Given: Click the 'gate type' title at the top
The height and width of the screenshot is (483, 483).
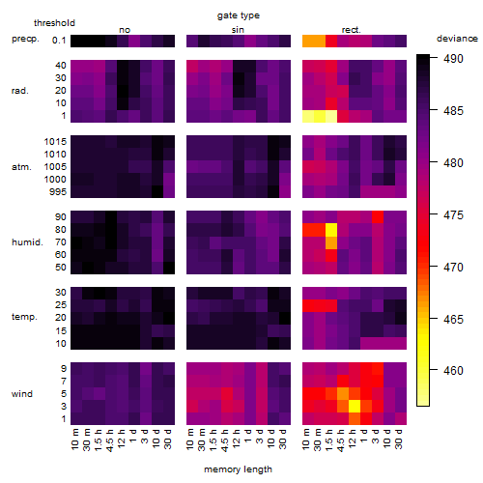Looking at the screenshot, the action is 239,15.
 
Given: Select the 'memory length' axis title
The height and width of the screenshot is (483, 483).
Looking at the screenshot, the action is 238,469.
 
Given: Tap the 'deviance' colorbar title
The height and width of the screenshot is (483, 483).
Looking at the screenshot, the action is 457,39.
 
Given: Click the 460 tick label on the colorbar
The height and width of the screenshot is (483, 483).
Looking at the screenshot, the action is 453,370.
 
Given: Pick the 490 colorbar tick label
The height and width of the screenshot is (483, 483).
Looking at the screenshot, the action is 453,59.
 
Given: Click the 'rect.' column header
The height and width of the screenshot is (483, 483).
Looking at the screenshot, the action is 352,30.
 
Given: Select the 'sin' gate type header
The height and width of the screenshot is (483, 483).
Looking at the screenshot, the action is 238,30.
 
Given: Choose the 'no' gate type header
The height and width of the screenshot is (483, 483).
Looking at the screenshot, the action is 125,30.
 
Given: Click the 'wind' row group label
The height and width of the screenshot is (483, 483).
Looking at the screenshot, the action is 22,394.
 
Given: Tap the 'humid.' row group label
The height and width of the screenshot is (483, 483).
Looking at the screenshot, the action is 27,242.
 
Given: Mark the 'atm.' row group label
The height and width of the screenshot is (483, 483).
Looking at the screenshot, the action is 21,167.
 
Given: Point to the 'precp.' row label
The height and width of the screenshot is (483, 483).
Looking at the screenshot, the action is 25,39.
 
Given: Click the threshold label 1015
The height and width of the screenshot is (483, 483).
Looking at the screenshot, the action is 55,142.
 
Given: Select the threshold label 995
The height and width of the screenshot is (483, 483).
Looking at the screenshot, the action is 58,192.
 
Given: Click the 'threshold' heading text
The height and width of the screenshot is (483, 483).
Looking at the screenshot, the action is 54,23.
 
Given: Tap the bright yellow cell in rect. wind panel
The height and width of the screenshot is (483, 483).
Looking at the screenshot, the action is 355,406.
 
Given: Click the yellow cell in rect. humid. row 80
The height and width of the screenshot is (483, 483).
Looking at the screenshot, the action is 331,230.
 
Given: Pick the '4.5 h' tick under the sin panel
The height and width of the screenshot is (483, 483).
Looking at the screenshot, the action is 225,440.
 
